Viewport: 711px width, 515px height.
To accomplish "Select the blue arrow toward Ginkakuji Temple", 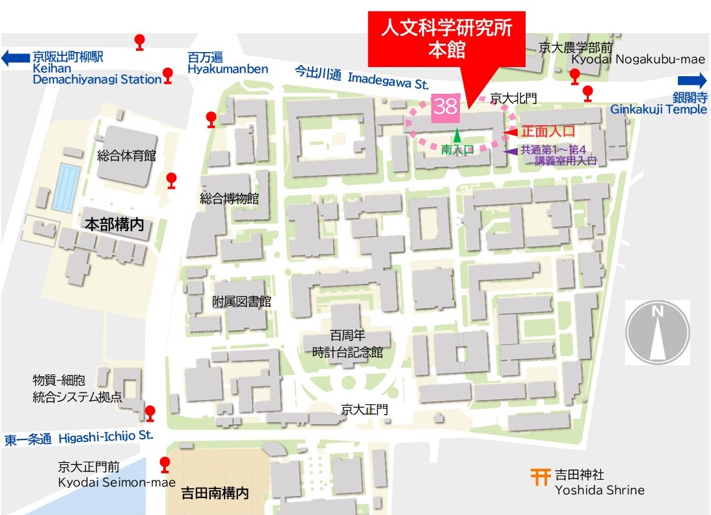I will click(692, 81).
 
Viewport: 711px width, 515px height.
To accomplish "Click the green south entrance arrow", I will click(457, 136).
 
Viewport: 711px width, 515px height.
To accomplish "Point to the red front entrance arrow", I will click(511, 133).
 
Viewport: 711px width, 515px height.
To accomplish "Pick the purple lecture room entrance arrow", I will click(512, 151).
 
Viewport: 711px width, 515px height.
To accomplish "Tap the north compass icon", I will click(658, 333).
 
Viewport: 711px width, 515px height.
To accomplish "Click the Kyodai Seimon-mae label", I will click(107, 482).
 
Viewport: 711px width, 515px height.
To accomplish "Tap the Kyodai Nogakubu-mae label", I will click(638, 59).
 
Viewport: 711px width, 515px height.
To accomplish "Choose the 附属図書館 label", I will click(241, 301).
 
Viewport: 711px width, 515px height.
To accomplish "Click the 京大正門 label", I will click(364, 410).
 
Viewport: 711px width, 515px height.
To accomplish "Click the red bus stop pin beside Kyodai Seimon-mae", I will click(165, 464).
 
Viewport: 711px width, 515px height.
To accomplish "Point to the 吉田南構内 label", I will click(215, 494).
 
